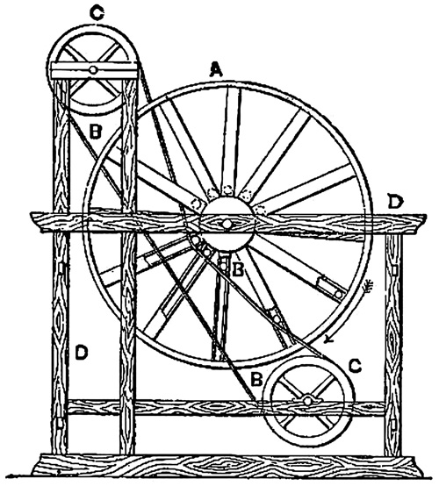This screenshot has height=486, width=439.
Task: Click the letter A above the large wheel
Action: point(216,69)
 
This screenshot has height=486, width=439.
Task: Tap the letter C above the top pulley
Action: point(97,13)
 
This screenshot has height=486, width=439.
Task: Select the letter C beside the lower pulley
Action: point(355,366)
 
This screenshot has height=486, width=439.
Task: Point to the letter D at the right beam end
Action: point(396,202)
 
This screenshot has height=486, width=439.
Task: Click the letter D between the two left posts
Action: point(82,353)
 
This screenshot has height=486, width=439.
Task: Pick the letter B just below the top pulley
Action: point(95,131)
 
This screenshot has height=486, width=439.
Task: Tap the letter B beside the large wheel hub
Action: point(239,269)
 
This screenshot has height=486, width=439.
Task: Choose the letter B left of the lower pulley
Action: point(257,379)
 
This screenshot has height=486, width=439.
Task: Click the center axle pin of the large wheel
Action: point(227,223)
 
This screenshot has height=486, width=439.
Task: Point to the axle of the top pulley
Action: point(92,70)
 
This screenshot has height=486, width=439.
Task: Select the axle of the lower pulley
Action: point(307,402)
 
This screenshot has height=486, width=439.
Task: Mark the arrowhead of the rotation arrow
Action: point(328,340)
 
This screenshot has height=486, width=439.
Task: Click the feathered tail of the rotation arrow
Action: point(369,285)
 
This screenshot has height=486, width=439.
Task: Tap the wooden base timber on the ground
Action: point(228,468)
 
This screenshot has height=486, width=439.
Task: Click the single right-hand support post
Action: point(393,344)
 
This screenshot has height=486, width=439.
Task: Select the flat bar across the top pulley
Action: point(94,70)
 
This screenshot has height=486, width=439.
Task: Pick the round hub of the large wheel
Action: point(227,223)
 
